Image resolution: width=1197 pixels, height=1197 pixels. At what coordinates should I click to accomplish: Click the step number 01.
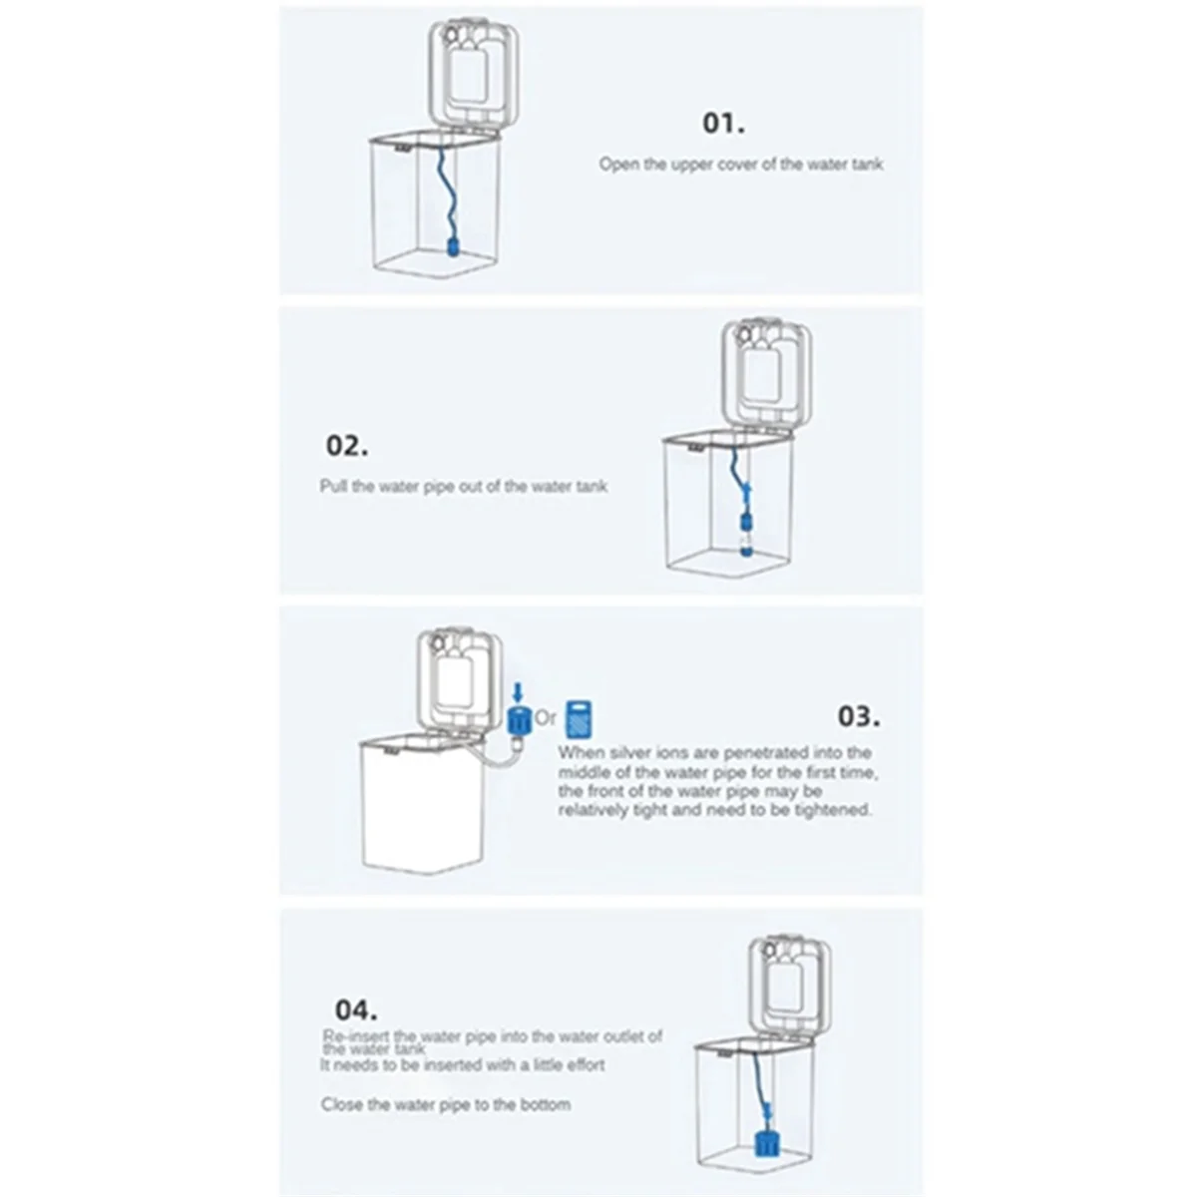pos(723,124)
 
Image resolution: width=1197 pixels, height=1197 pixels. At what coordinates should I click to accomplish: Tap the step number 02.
pos(346,445)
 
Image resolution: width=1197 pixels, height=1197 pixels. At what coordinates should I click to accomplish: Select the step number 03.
pos(858,716)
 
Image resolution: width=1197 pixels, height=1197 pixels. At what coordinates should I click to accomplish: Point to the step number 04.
pos(355,1008)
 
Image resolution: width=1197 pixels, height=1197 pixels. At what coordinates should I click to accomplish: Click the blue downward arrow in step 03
pos(517,691)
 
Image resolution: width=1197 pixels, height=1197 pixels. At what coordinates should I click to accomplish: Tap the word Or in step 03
pos(546,717)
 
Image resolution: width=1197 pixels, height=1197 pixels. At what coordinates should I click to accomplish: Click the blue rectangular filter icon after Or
pos(580,718)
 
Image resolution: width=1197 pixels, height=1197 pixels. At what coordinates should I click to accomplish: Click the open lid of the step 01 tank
pos(473,72)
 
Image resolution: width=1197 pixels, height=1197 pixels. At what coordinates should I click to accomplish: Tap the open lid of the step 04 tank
pos(790,987)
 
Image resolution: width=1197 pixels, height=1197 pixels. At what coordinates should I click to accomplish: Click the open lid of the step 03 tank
pos(460,682)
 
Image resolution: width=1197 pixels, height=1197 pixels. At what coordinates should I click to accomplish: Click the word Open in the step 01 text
pos(617,164)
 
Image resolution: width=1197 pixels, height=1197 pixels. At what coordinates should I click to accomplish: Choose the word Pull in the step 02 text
pos(333,487)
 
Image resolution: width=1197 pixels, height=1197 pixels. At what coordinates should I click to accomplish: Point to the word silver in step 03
pos(630,753)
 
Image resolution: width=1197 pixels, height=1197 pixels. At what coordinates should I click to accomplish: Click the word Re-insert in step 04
pos(356,1036)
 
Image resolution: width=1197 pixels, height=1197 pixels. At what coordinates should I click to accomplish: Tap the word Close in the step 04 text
pos(341,1104)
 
